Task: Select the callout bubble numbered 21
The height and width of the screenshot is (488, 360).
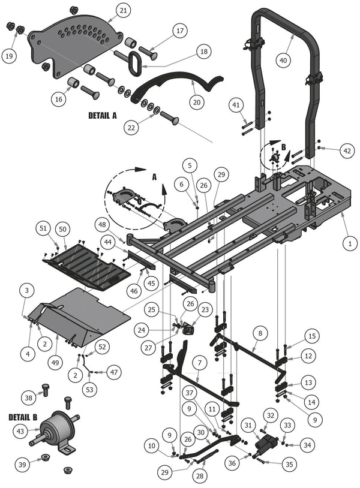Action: (x=124, y=11)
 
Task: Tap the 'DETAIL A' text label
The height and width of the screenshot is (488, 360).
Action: (x=103, y=116)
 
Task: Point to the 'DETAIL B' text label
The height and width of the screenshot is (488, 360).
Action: (x=23, y=417)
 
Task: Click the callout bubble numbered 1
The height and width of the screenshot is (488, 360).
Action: (x=350, y=243)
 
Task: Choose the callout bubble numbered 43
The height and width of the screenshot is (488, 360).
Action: (x=20, y=432)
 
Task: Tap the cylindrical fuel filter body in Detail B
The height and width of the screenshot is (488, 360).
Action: (x=55, y=428)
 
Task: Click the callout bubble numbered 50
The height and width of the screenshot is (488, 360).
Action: (x=62, y=229)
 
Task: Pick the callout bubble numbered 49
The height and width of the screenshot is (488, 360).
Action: (x=56, y=363)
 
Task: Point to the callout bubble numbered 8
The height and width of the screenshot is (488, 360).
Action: (x=260, y=333)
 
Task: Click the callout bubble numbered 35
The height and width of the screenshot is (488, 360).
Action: (x=289, y=465)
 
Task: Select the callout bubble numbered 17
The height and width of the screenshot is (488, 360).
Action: (x=180, y=31)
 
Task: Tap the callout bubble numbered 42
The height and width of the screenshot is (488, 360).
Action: (x=347, y=151)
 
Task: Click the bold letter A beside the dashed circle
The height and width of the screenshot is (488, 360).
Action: (x=154, y=177)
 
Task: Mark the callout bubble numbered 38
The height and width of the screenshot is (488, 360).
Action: (x=29, y=397)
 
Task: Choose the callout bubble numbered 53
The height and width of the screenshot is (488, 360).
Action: (x=89, y=389)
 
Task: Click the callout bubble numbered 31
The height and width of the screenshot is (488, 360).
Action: (x=248, y=426)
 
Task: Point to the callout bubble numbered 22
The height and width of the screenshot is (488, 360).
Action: (x=132, y=127)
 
